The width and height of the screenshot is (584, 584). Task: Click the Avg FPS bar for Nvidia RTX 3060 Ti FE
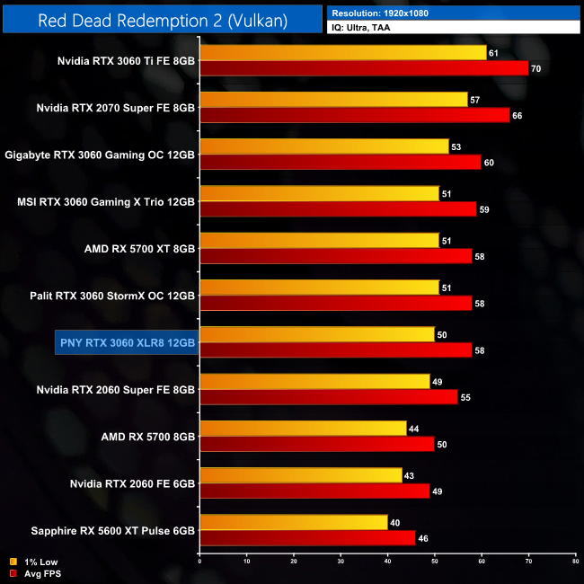click(x=364, y=68)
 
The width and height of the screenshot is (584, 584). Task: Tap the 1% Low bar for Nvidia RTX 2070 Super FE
click(x=333, y=100)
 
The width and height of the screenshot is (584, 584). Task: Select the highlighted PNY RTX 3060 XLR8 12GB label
click(x=126, y=341)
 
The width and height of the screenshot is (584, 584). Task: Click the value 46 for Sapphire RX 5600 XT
click(x=424, y=536)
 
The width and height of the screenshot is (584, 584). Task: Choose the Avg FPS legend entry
click(x=36, y=573)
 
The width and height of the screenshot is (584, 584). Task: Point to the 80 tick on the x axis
click(x=574, y=562)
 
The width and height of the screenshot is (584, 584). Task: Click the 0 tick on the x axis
click(x=199, y=562)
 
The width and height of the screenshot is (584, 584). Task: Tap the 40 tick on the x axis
click(x=387, y=562)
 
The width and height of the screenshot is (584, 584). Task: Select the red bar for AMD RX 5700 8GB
click(x=316, y=443)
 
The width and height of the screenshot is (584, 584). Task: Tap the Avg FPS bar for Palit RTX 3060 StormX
click(x=335, y=303)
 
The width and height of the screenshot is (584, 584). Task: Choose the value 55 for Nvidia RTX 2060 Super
click(x=466, y=396)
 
